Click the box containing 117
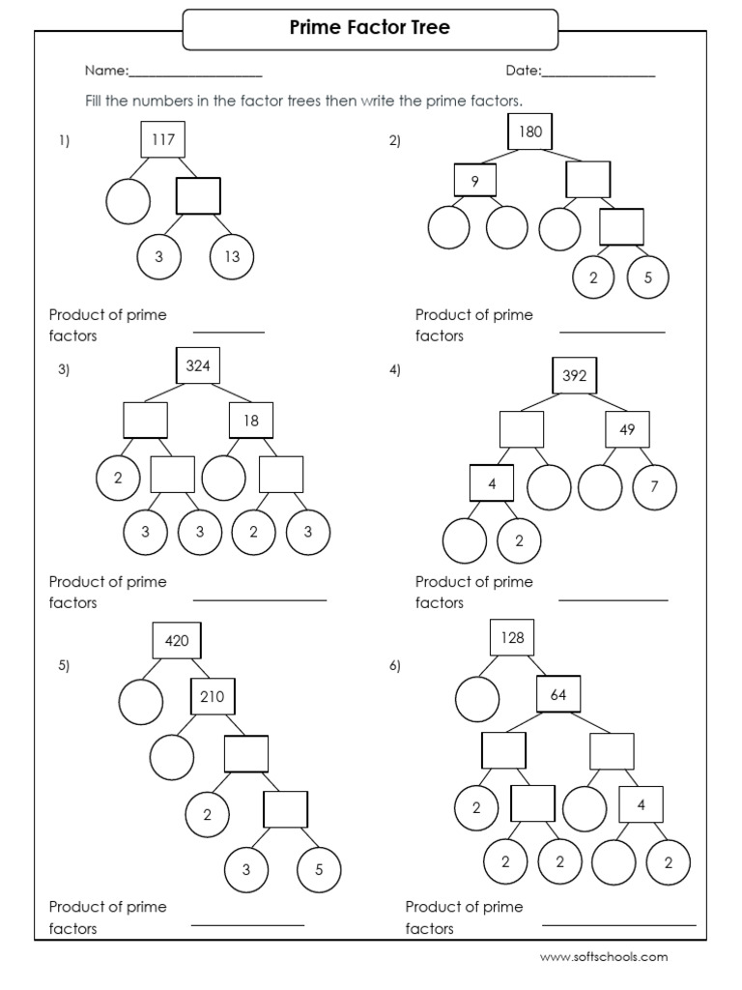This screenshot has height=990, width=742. pyautogui.click(x=162, y=140)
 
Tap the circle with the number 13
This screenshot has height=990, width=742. pyautogui.click(x=232, y=256)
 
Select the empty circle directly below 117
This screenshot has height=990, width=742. pyautogui.click(x=128, y=202)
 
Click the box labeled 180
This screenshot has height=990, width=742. pyautogui.click(x=530, y=131)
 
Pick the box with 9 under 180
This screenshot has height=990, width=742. pyautogui.click(x=475, y=180)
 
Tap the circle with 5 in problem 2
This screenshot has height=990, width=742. pyautogui.click(x=648, y=278)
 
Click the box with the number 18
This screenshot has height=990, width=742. pyautogui.click(x=251, y=421)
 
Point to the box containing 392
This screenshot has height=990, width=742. pyautogui.click(x=575, y=376)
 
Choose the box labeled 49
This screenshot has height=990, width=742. pyautogui.click(x=628, y=429)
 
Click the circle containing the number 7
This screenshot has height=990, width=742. pyautogui.click(x=654, y=486)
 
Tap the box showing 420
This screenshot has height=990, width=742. pyautogui.click(x=176, y=640)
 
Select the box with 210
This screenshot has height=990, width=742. pyautogui.click(x=213, y=695)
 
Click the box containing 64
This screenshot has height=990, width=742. pyautogui.click(x=558, y=695)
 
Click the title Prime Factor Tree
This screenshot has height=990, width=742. pyautogui.click(x=370, y=29)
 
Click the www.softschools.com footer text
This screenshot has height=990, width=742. pyautogui.click(x=603, y=957)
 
